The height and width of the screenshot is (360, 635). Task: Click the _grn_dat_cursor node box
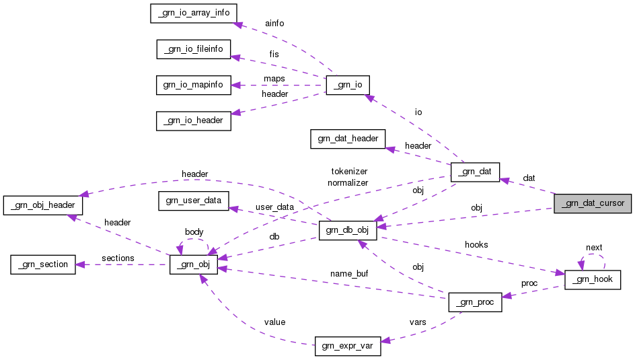point(592,203)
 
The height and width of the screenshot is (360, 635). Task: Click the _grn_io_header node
point(194,121)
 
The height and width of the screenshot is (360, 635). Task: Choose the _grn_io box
point(348,85)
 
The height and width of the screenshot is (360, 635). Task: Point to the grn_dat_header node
point(348,139)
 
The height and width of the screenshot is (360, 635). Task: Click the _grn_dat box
point(475,172)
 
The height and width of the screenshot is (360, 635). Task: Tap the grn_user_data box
point(194,200)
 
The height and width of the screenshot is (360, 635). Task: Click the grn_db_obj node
point(348,229)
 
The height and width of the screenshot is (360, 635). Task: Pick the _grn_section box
point(44,264)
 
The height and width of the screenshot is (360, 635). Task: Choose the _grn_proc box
point(475,303)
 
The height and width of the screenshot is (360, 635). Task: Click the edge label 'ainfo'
point(274,24)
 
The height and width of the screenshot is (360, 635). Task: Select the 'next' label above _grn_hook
point(594,248)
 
